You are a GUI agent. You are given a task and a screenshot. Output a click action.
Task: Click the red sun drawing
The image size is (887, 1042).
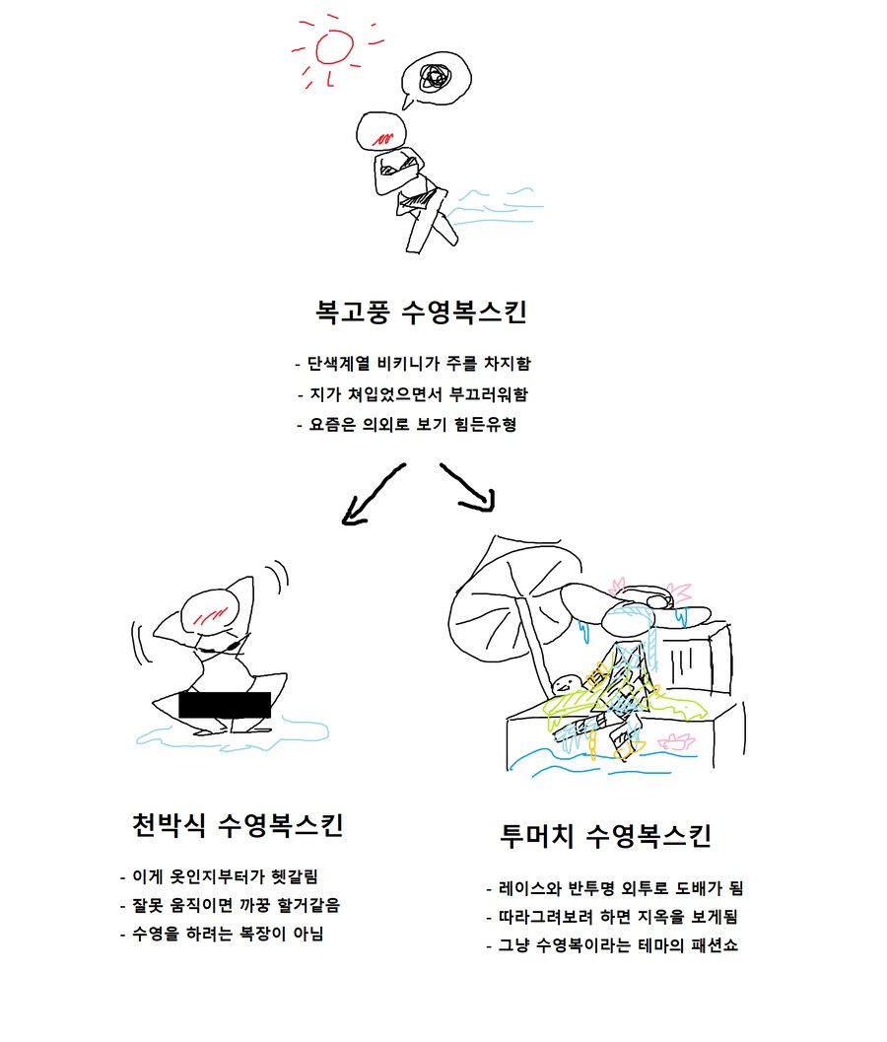coord(333,46)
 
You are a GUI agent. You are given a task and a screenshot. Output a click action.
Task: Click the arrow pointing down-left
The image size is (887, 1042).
coord(372,494)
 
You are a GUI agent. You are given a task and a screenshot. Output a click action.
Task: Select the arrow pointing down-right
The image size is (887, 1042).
coord(466,488)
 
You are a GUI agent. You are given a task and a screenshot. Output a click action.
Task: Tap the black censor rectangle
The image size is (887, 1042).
coord(225,704)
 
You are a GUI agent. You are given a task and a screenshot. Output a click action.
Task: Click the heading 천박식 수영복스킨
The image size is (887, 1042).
coord(238,824)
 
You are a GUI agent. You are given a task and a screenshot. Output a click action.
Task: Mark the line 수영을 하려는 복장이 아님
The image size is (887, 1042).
coord(227,934)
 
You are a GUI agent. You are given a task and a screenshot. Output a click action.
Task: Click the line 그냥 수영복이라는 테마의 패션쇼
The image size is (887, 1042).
coord(617,946)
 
